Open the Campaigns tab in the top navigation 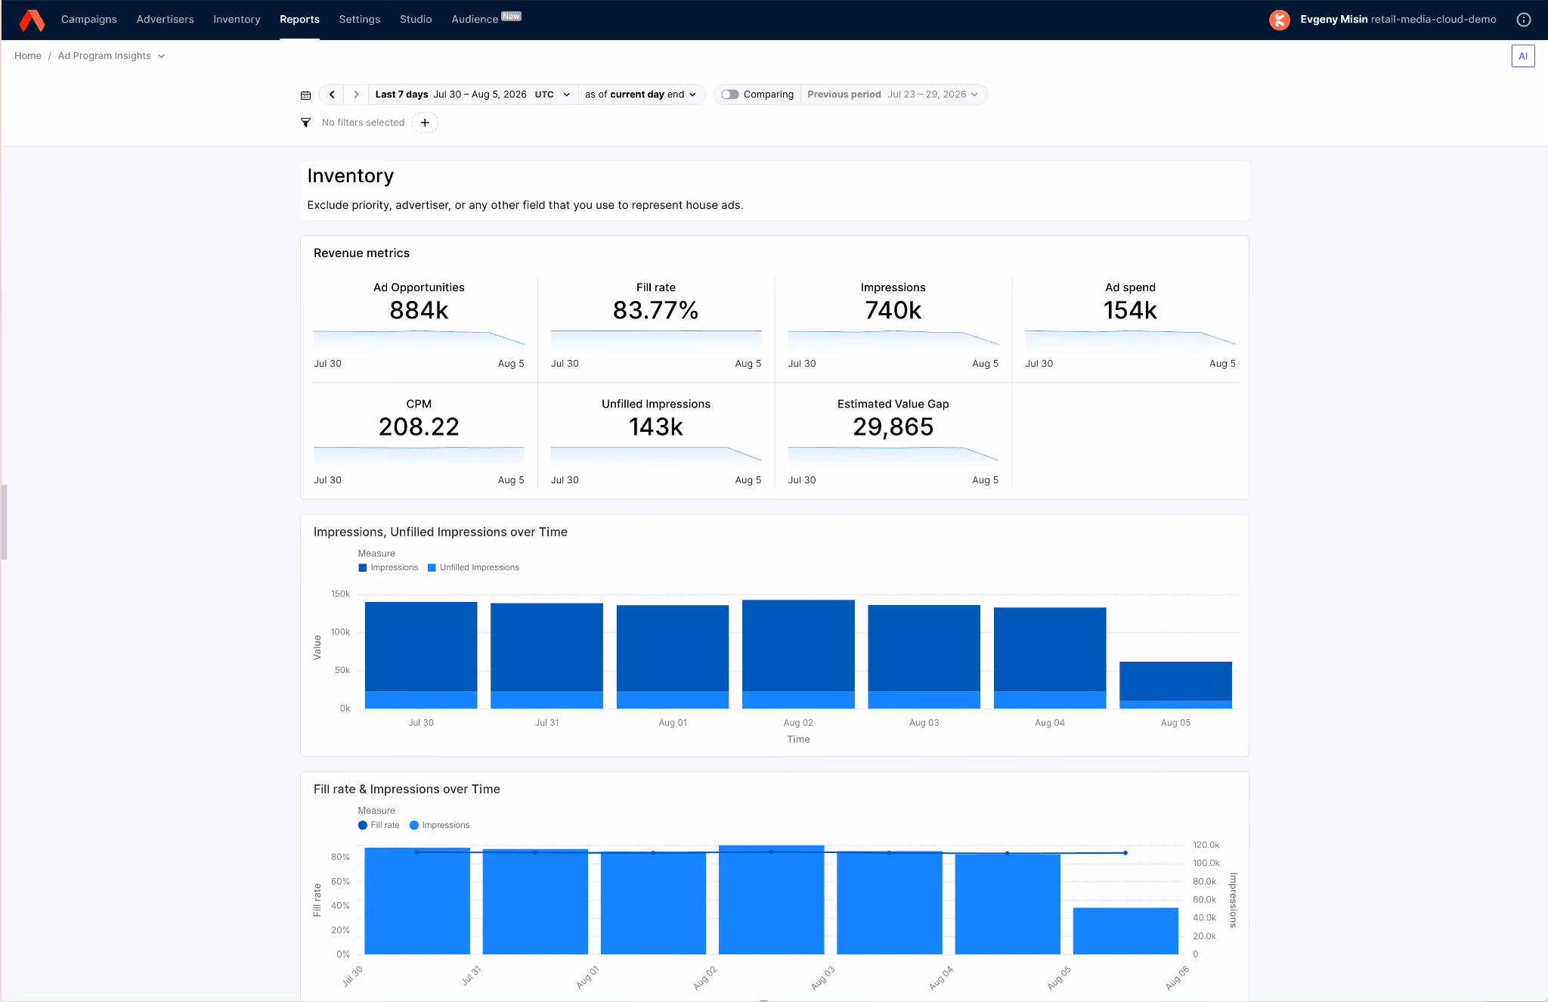(88, 19)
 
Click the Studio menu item (416, 19)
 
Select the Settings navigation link (360, 19)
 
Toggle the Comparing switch (729, 95)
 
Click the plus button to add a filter (425, 123)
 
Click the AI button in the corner (1523, 56)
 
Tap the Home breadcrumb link (28, 56)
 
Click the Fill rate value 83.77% (655, 310)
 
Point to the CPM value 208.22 (419, 427)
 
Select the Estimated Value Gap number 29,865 (893, 427)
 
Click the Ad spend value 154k (1130, 310)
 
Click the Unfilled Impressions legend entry (473, 567)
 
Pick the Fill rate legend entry (379, 825)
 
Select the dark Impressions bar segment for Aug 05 (1175, 681)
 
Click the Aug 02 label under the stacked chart (798, 723)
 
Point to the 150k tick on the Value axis (340, 594)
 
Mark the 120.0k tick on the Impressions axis (1206, 845)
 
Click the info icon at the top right (1524, 20)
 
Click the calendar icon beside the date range (305, 95)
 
